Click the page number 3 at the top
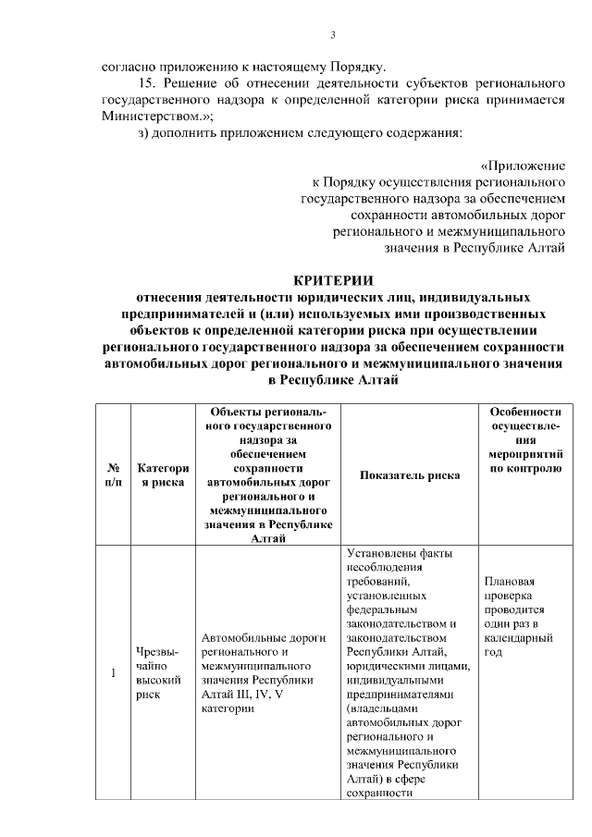point(333,36)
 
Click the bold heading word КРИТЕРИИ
point(333,282)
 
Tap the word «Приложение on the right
point(523,166)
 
